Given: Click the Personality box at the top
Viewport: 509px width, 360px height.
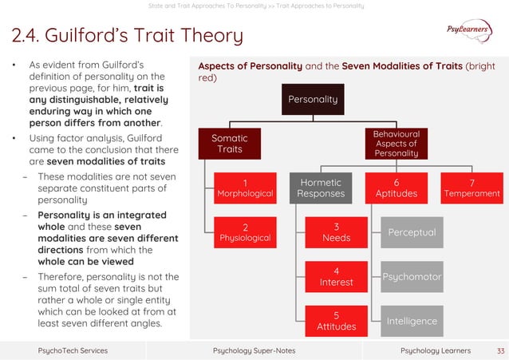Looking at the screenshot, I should (313, 100).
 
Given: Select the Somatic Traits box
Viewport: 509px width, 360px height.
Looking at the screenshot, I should (229, 144).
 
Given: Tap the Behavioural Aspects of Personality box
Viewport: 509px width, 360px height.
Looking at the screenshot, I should (397, 144).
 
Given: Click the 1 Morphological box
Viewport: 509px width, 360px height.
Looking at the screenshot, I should (245, 188).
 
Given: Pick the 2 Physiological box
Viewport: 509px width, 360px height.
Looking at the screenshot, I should (245, 231).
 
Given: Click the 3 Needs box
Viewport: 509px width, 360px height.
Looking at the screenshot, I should (336, 232).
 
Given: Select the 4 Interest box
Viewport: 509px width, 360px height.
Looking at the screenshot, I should (336, 276).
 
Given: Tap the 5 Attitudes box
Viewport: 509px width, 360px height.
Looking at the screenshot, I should (336, 320).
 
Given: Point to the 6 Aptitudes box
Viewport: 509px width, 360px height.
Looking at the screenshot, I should (397, 188).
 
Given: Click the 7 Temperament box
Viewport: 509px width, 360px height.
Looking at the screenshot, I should (473, 188).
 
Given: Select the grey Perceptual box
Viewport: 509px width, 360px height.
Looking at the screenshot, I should (411, 232).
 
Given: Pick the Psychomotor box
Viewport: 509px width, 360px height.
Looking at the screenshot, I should (411, 276).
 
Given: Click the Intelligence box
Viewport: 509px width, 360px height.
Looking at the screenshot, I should (411, 320).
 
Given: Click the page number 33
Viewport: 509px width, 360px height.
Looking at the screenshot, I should (500, 350).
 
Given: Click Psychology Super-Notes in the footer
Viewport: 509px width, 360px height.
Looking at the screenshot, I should (254, 350).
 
